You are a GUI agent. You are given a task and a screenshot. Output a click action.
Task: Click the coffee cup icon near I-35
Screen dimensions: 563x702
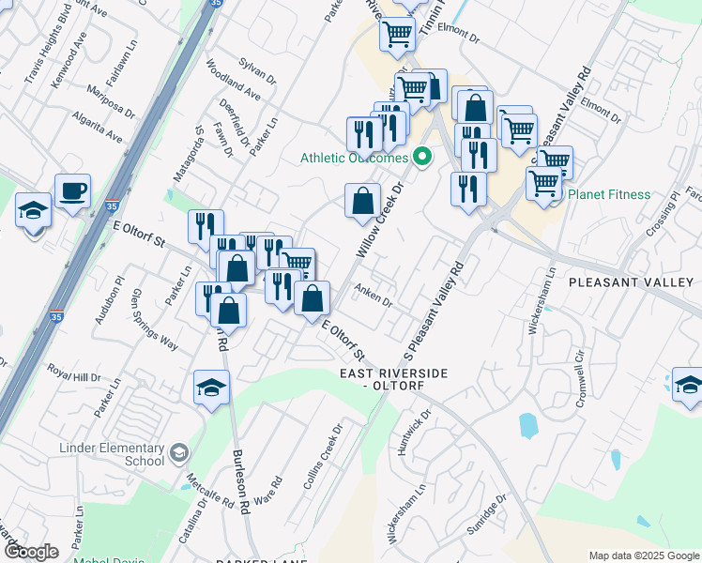click(72, 191)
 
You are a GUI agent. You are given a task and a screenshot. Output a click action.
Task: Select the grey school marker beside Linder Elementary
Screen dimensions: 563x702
click(176, 455)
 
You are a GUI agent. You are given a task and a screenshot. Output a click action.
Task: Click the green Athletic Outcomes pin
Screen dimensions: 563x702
click(422, 157)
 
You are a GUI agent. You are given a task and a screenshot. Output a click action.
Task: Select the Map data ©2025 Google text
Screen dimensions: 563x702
click(643, 555)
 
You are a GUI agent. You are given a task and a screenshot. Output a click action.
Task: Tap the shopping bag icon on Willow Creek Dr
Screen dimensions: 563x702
click(362, 201)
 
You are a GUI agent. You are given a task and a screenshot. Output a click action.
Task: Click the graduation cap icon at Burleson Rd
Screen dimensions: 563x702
click(211, 386)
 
